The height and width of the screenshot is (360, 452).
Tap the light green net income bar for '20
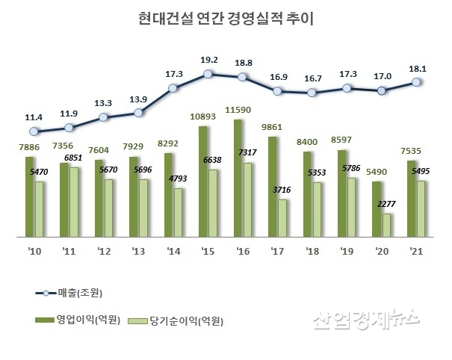pos(386,226)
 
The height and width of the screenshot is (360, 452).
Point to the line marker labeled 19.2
pos(208,73)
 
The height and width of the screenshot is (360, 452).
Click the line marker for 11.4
pos(34,132)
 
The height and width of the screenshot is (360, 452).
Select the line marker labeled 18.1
pos(416,83)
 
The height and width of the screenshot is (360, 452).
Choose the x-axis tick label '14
pos(173,252)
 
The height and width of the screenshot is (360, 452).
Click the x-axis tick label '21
pos(416,252)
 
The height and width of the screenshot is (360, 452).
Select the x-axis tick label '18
pos(312,252)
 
